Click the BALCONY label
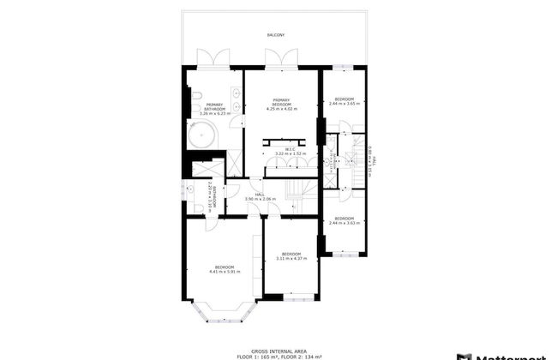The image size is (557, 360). [x=275, y=35]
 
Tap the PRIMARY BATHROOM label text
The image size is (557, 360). [x=213, y=105]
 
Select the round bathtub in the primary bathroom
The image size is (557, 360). [x=204, y=135]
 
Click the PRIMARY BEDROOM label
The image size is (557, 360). [x=283, y=100]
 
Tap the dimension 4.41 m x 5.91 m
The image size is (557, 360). [x=225, y=271]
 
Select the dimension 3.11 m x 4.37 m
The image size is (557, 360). [x=291, y=258]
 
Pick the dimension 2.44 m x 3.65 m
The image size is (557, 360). [x=344, y=102]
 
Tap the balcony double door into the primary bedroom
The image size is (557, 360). [x=283, y=59]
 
